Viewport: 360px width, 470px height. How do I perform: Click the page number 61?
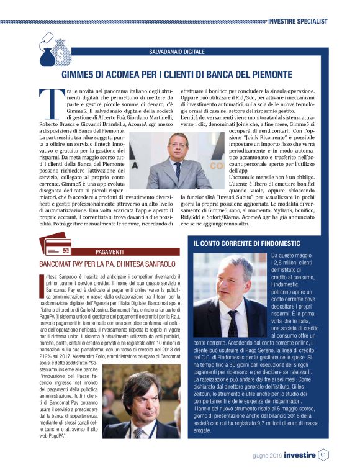tap(323, 454)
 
